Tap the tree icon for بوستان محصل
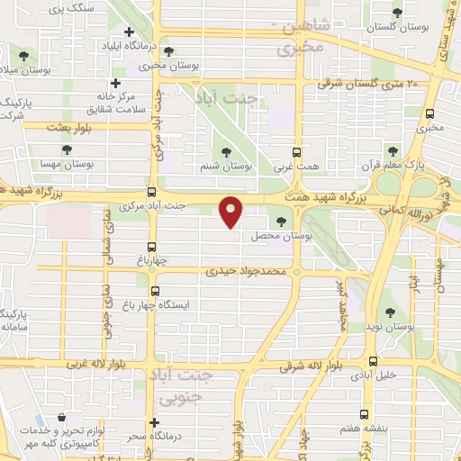click(282, 221)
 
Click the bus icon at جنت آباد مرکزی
click(152, 192)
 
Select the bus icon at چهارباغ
click(152, 246)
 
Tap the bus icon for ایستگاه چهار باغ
click(155, 291)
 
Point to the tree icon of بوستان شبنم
click(225, 153)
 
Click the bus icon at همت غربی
click(299, 152)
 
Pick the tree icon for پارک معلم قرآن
click(391, 150)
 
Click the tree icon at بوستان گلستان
click(398, 13)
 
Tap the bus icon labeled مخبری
click(429, 114)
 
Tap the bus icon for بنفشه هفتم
click(364, 415)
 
